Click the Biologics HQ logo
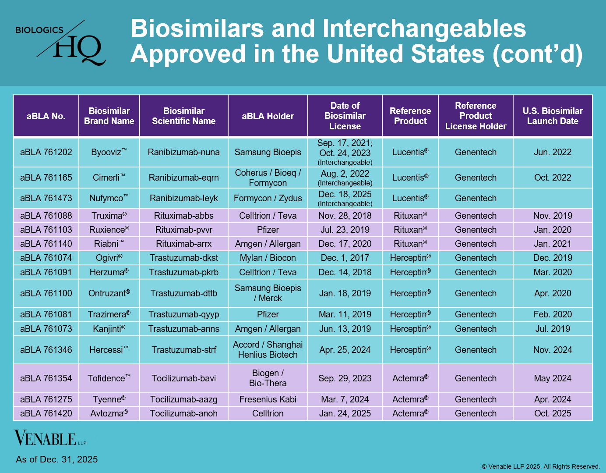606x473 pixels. coord(61,43)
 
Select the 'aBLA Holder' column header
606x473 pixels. coord(268,116)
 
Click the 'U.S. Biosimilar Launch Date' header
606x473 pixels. coord(553,116)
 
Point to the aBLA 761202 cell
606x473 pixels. coord(46,152)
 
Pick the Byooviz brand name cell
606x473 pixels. coord(109,152)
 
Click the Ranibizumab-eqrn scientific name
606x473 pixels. coord(183,178)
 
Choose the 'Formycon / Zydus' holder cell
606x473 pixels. coord(268,198)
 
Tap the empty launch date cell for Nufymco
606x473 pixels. coord(553,198)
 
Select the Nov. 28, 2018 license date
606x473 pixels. coord(345,216)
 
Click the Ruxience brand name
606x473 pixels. coord(109,230)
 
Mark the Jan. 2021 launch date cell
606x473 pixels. coord(553,244)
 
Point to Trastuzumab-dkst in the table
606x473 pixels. coord(183,258)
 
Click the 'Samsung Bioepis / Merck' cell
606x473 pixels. coord(268,293)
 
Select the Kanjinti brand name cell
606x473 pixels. coord(109,329)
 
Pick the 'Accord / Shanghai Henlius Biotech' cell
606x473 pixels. coord(268,350)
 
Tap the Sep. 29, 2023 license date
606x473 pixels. coord(345,378)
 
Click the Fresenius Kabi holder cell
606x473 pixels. coord(268,399)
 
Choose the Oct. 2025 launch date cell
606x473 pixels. coord(553,413)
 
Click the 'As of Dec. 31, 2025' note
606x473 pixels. coord(57,459)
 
